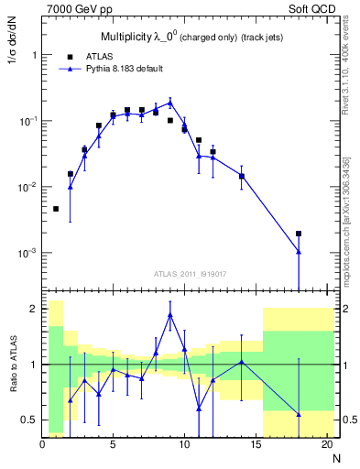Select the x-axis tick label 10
pos(184,446)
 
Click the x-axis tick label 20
pos(326,446)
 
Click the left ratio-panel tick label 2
pos(33,309)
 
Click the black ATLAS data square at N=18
pos(299,234)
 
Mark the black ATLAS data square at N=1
pos(56,209)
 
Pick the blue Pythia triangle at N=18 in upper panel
pos(299,251)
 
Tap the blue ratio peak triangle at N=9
pos(170,315)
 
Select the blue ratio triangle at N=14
pos(242,362)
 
